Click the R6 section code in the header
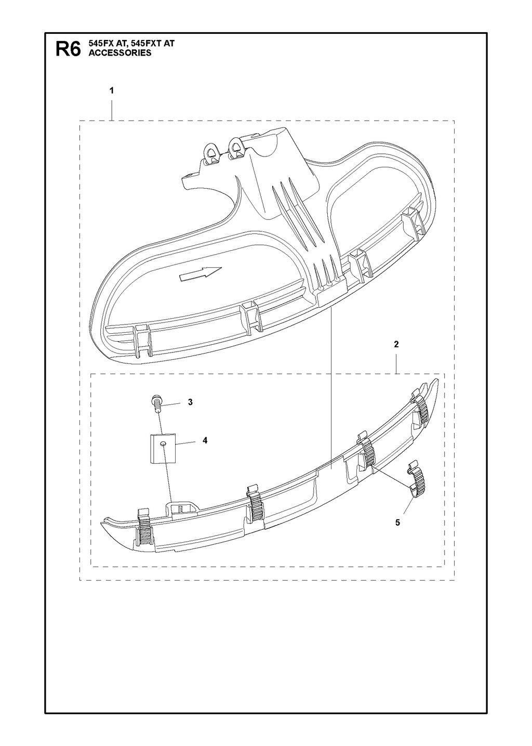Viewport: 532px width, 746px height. click(68, 49)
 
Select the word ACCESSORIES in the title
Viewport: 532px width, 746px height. click(119, 53)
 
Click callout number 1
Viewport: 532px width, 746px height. click(112, 90)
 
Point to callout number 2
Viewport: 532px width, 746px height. click(396, 344)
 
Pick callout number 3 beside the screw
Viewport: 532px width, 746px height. click(190, 402)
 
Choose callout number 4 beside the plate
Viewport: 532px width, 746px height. click(205, 440)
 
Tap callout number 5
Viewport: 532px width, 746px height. click(397, 522)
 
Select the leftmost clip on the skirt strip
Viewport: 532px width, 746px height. click(143, 529)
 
